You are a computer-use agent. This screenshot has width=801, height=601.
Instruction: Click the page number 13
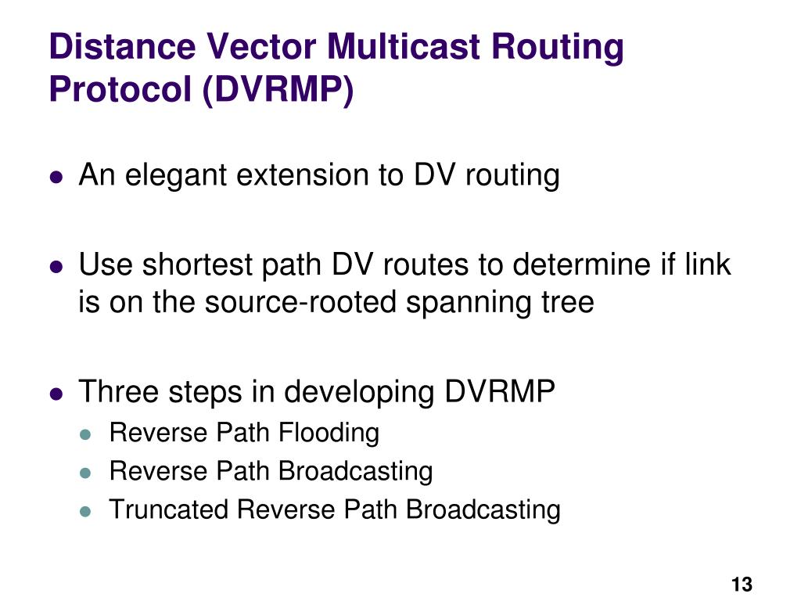point(741,584)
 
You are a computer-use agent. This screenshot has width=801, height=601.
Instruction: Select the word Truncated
point(170,509)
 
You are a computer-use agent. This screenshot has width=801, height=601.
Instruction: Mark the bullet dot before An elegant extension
point(56,178)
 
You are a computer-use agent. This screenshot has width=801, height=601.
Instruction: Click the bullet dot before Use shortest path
point(56,267)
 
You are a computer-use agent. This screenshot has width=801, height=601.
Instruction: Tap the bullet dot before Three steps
point(56,393)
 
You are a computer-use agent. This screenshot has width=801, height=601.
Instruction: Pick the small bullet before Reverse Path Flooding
point(87,434)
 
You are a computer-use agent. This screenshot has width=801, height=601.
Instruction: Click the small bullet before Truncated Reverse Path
point(87,511)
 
